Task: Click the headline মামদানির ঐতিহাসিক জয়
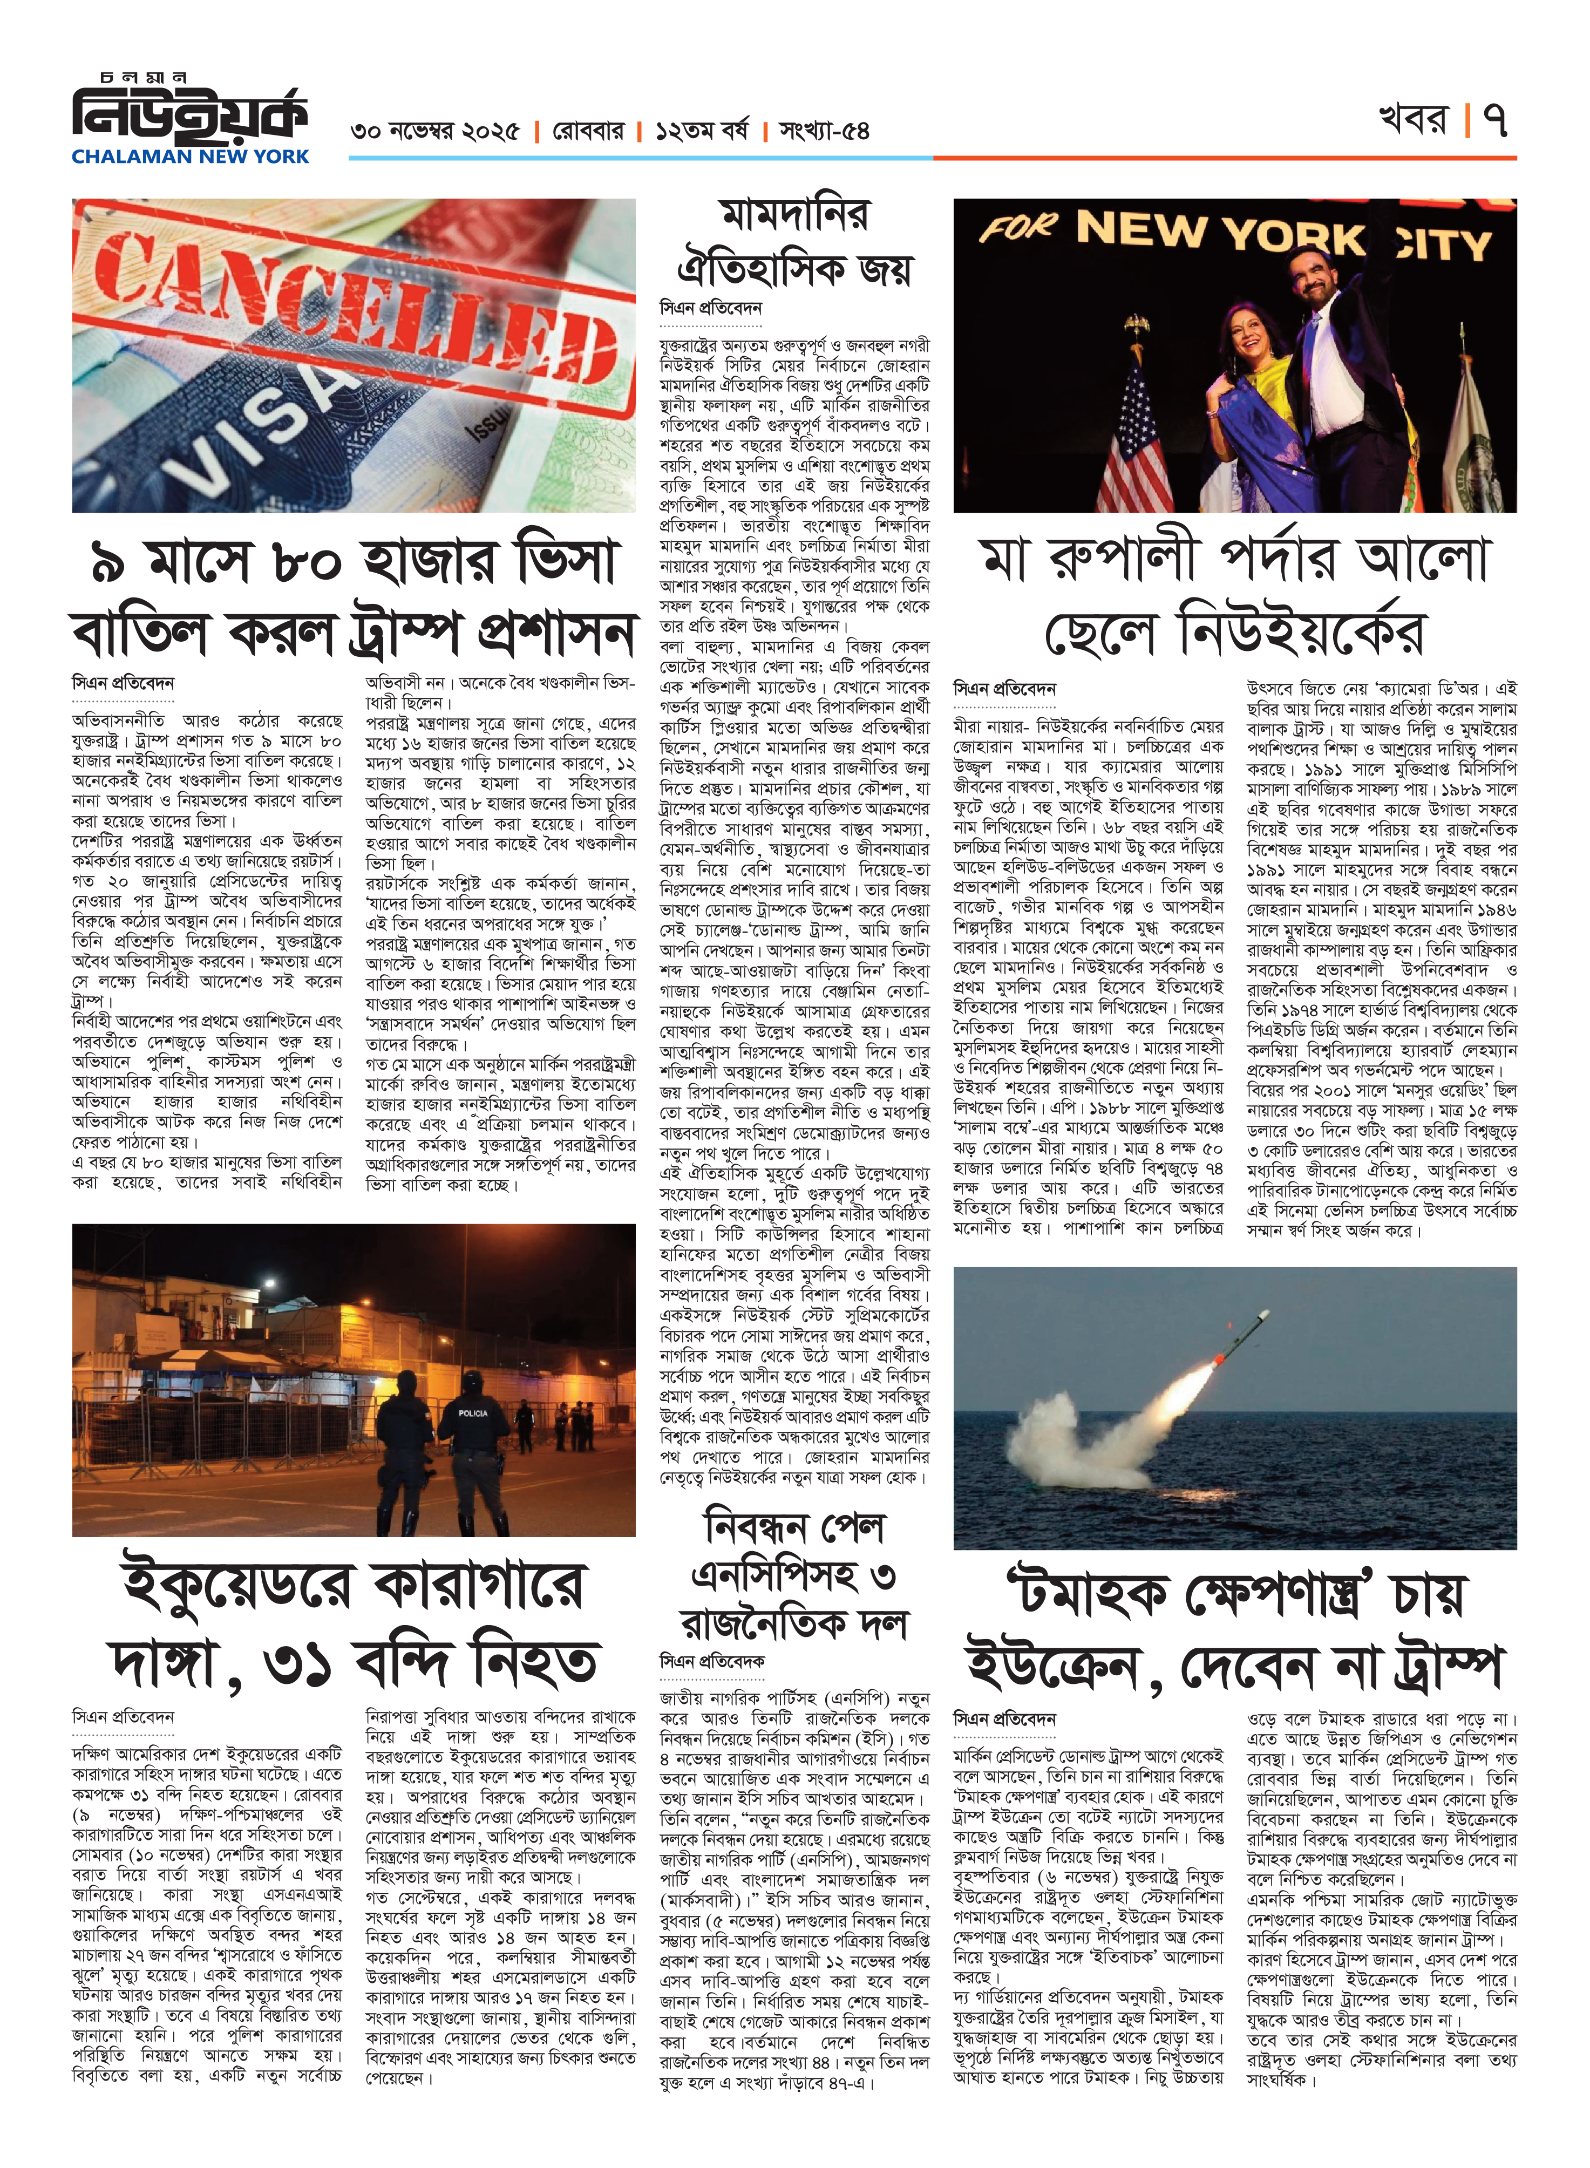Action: coord(794,242)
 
